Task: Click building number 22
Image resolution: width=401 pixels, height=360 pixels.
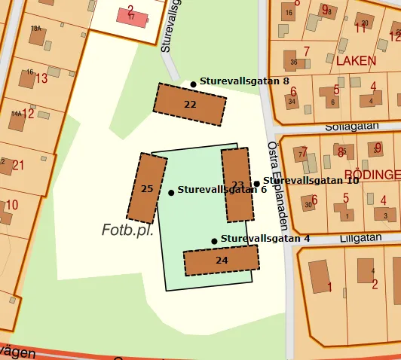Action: [x=190, y=104]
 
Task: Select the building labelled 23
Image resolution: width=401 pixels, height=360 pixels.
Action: [x=237, y=185]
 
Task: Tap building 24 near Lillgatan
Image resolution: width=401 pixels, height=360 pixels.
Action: [x=221, y=260]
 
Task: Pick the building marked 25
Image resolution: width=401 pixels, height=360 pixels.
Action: [x=147, y=188]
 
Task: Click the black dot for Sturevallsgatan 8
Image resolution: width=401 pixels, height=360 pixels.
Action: [x=193, y=84]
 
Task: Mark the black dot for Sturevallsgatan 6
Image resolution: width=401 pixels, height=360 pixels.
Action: [x=171, y=193]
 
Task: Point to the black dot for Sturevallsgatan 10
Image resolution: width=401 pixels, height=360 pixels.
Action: [x=256, y=183]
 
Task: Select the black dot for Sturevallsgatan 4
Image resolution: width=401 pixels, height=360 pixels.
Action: [x=214, y=241]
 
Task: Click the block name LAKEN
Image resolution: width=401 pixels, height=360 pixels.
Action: [x=356, y=59]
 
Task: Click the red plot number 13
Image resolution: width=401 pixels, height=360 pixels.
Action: [x=41, y=78]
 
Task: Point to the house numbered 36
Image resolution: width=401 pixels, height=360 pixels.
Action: [x=293, y=60]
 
